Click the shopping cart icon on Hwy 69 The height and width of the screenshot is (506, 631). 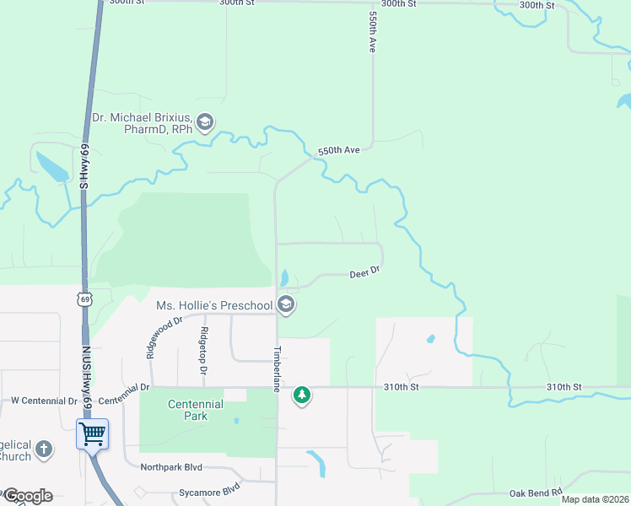pyautogui.click(x=93, y=434)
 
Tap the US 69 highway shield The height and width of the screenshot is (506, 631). pyautogui.click(x=83, y=299)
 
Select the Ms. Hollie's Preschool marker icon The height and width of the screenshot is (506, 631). pyautogui.click(x=286, y=304)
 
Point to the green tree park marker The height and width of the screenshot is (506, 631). pyautogui.click(x=302, y=395)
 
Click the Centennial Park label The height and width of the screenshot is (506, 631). pyautogui.click(x=195, y=410)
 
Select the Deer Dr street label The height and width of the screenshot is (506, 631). pyautogui.click(x=366, y=272)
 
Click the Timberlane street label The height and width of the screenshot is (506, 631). pyautogui.click(x=275, y=369)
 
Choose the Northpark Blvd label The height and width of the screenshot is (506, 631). pyautogui.click(x=172, y=466)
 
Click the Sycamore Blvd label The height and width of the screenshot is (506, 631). pyautogui.click(x=208, y=489)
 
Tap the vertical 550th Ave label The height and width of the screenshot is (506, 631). pyautogui.click(x=371, y=32)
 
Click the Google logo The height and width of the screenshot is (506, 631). pyautogui.click(x=27, y=495)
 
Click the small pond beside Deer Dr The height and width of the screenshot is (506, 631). pyautogui.click(x=284, y=277)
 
